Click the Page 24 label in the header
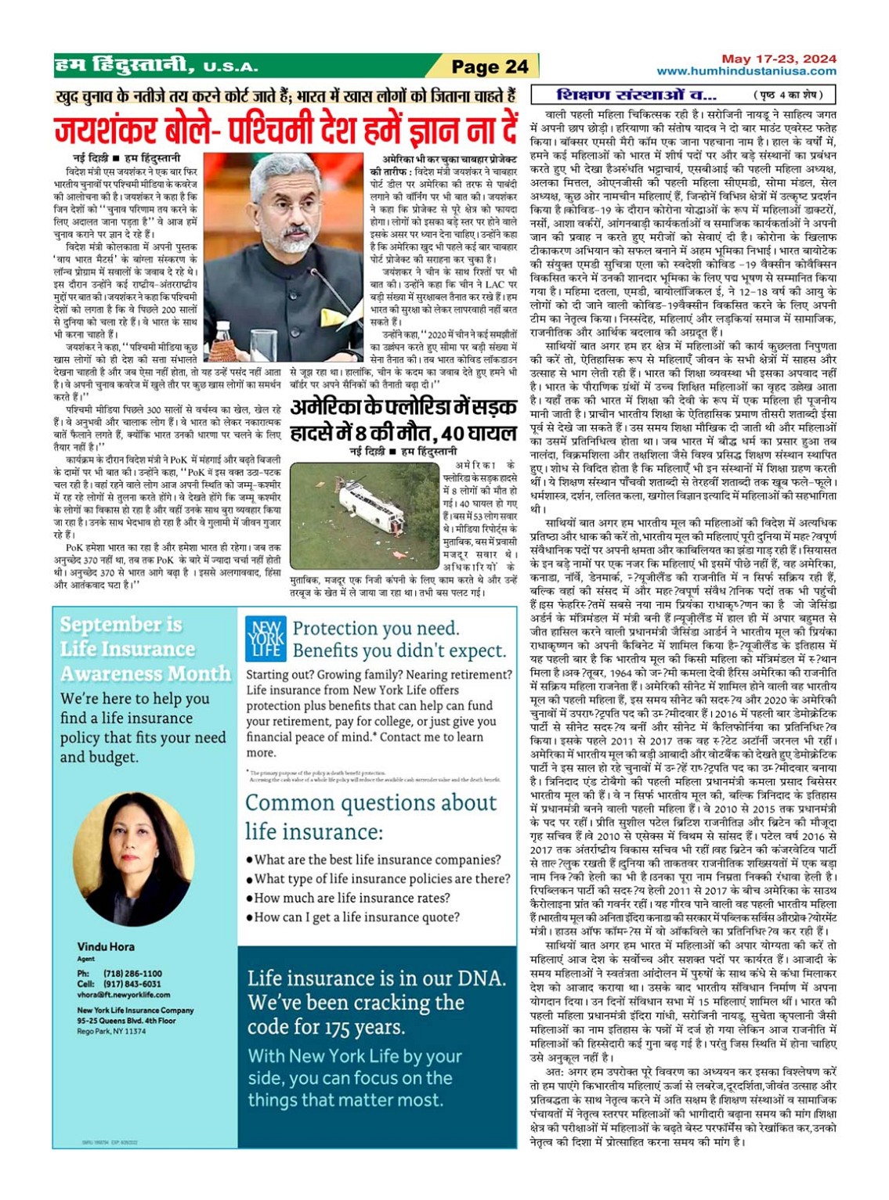[x=490, y=67]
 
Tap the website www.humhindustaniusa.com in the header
[x=746, y=71]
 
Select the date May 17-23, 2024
[x=779, y=59]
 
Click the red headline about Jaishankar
[x=286, y=129]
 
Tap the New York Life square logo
[x=265, y=639]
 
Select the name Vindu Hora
[x=106, y=946]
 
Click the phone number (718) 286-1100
[x=132, y=974]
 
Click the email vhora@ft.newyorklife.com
[x=123, y=995]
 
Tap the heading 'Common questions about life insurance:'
[x=370, y=816]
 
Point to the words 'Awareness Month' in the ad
[x=146, y=673]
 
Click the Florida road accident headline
[x=403, y=420]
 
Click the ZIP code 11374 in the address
[x=135, y=1032]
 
